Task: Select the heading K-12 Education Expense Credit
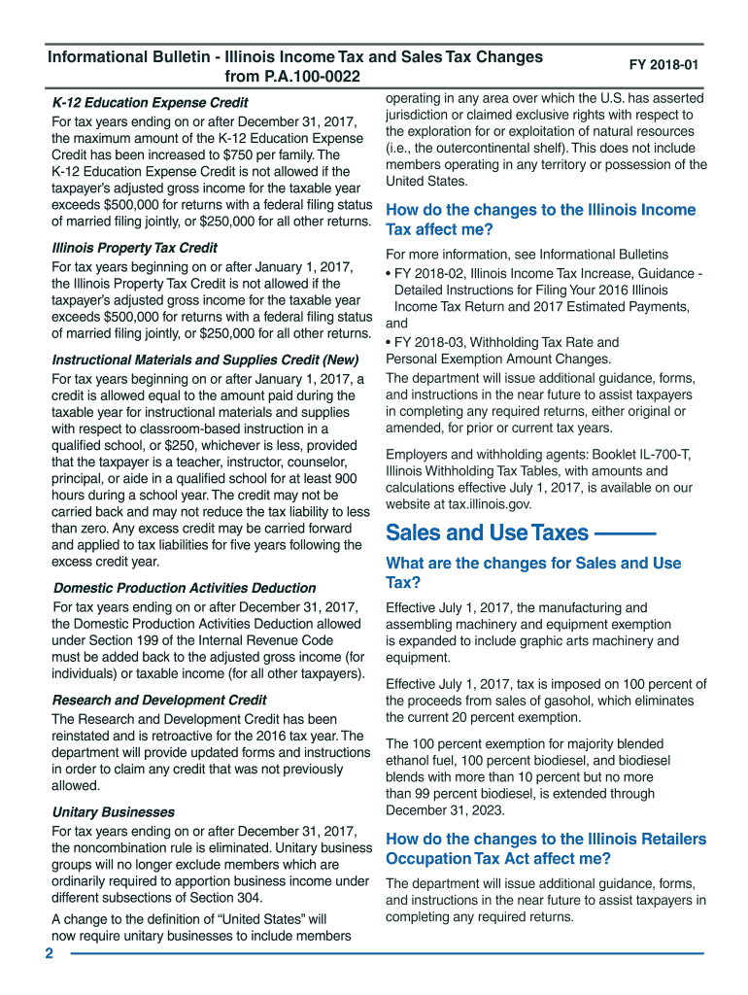[150, 102]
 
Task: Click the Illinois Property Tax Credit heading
[134, 248]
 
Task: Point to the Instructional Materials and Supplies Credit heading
[205, 360]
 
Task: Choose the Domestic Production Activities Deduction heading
[184, 588]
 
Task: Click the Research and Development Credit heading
[158, 700]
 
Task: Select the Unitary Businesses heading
[113, 811]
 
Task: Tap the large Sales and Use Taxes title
[487, 532]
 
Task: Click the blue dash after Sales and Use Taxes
[624, 533]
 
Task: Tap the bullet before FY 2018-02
[389, 273]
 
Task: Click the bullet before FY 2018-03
[389, 342]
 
